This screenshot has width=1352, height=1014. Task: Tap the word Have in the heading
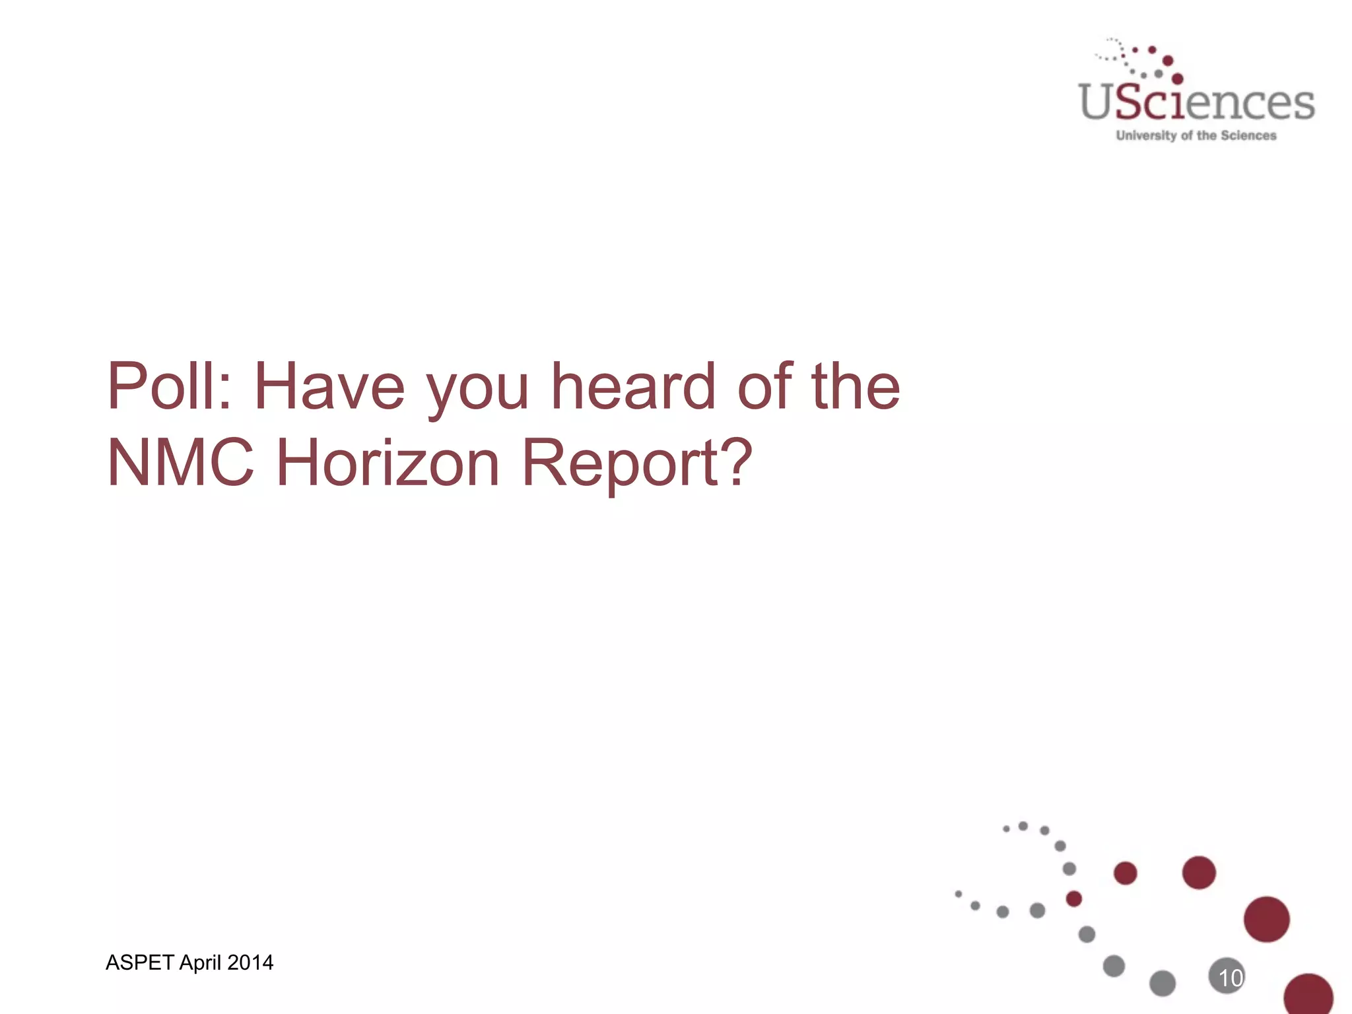point(329,386)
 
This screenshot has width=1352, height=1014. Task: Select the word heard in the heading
point(633,386)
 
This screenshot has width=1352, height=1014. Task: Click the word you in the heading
point(477,389)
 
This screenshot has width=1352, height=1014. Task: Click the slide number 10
point(1230,978)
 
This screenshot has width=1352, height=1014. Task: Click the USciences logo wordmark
point(1196,102)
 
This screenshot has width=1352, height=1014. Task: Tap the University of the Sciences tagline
point(1196,135)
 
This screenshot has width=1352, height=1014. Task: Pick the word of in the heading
point(765,386)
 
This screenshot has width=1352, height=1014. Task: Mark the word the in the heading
point(856,386)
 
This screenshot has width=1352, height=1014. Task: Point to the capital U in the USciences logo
point(1097,102)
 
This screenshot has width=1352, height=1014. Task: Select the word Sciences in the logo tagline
point(1248,135)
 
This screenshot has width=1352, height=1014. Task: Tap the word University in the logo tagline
point(1146,135)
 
